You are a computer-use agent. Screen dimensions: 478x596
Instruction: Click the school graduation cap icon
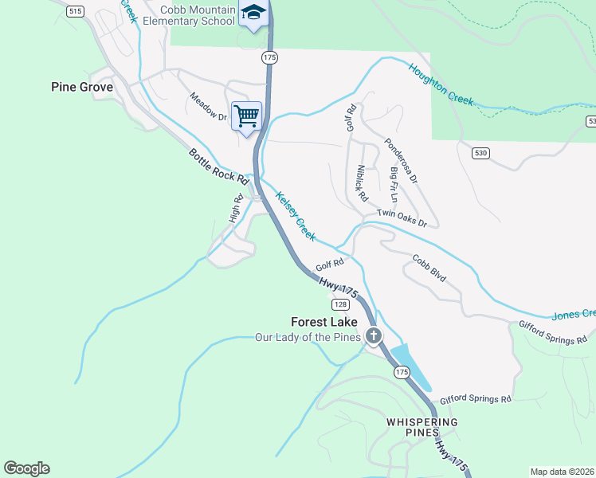coord(253,14)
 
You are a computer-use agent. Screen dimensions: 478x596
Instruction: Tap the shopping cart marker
coord(246,116)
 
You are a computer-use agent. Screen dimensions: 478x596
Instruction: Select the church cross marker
coord(373,335)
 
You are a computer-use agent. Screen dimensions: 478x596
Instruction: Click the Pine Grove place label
coord(82,87)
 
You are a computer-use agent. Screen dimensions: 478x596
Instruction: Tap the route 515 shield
coord(76,11)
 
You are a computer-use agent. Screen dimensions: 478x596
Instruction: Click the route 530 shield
coord(480,152)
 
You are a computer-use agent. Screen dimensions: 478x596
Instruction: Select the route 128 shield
coord(339,304)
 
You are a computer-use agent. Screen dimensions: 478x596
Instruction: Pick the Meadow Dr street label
coord(208,107)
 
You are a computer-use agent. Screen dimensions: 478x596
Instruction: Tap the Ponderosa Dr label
coord(401,159)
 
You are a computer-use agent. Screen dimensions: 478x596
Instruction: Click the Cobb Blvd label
coord(429,268)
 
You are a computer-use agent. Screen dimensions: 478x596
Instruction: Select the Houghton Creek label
coord(441,84)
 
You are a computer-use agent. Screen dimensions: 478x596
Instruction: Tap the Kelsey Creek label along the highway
coord(296,216)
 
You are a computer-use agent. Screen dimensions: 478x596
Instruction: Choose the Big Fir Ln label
coord(393,183)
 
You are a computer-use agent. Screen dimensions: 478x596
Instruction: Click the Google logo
coord(26,468)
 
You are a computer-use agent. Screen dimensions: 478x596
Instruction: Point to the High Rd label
coord(236,209)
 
